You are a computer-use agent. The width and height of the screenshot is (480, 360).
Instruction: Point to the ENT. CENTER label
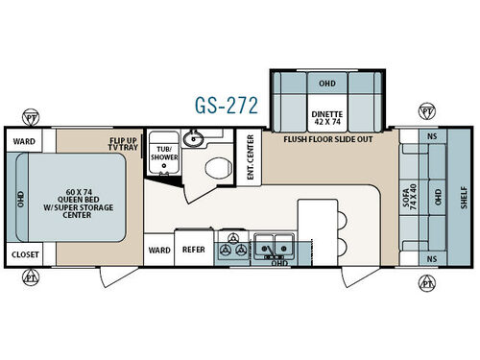coord(250,155)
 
